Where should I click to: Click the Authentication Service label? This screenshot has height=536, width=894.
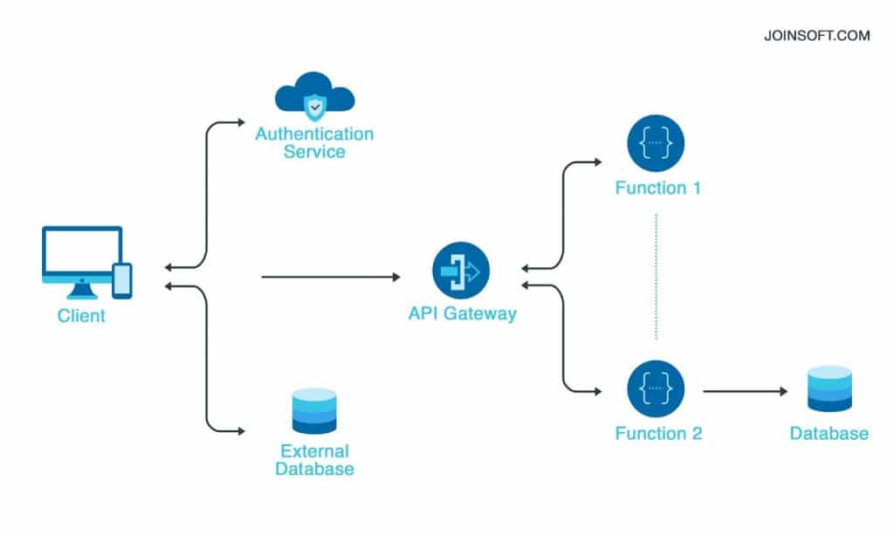(x=314, y=143)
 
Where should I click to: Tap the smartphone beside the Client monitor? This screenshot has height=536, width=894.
(x=122, y=280)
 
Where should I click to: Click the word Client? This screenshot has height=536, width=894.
(x=81, y=316)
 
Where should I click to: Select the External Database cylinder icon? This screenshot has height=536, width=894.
(x=314, y=410)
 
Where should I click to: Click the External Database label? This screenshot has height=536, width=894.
(x=314, y=460)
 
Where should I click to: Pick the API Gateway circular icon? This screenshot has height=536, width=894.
(x=461, y=271)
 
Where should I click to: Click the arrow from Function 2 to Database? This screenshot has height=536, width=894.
(x=742, y=391)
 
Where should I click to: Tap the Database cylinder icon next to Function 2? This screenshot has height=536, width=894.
(x=829, y=388)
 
